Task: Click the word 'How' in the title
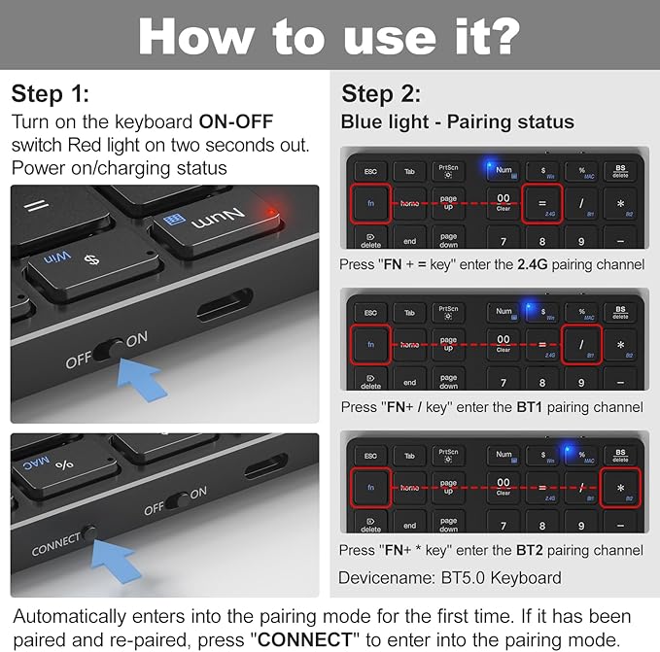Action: (x=197, y=36)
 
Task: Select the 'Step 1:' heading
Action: (x=50, y=94)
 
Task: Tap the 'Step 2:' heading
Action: (x=381, y=94)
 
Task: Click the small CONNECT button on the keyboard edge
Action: (x=89, y=533)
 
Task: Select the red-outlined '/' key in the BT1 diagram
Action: (x=582, y=345)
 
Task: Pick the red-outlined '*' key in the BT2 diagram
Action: (x=619, y=488)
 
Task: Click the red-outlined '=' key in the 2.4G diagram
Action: (x=542, y=203)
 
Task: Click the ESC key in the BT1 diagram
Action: (x=369, y=313)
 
